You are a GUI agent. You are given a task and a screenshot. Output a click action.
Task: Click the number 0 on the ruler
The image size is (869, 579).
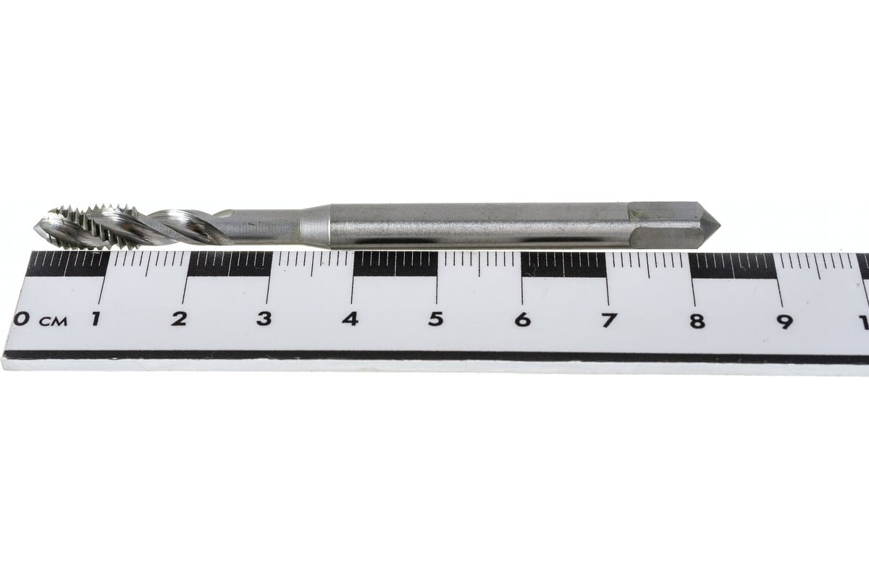point(23,318)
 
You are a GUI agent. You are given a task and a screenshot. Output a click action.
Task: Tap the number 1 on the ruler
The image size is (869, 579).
point(95,318)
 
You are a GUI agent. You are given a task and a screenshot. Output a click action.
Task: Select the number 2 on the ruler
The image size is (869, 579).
point(179,318)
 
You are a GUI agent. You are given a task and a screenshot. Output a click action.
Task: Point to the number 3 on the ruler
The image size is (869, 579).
point(264,318)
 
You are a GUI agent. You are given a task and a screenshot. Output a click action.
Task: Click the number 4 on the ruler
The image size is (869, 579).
point(350,318)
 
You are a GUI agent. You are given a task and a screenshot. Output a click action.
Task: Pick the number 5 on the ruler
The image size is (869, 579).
point(435,319)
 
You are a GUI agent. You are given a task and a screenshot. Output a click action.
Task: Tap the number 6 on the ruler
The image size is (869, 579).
point(522,319)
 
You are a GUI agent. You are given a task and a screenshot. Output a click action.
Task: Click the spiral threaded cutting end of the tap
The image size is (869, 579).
point(109,227)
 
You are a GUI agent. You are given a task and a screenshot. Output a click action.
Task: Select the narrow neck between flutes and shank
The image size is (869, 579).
point(268,225)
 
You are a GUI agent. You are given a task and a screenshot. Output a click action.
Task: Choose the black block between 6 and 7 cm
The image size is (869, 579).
point(563,266)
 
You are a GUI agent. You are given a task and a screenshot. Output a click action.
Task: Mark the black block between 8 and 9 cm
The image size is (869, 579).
point(732,266)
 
